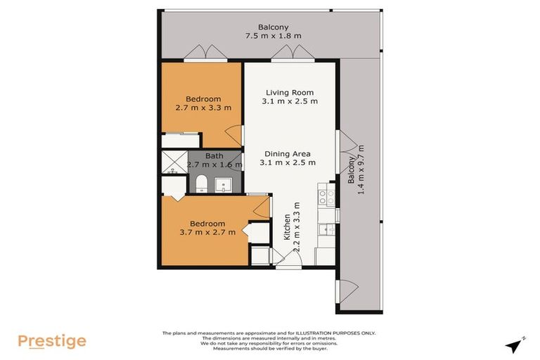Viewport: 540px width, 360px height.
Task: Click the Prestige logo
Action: [52, 342]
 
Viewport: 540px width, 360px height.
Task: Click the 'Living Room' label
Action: [289, 93]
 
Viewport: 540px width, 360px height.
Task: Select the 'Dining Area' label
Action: [288, 154]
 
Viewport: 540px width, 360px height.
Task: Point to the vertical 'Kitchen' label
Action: [287, 228]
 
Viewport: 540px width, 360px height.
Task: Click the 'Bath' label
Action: [214, 157]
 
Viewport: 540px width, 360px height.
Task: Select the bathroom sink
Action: [226, 185]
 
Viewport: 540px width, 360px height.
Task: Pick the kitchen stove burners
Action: [326, 197]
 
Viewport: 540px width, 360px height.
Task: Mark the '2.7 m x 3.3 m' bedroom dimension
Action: [203, 108]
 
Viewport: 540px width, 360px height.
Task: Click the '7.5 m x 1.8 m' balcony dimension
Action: [273, 35]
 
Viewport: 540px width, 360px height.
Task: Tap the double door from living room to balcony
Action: [283, 53]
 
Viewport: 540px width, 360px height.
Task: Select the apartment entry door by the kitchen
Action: [289, 261]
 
